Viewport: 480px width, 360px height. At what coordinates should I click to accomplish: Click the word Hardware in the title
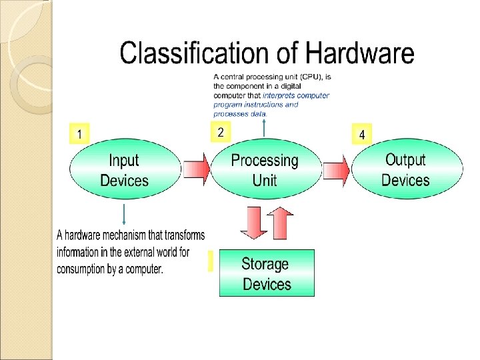(361, 53)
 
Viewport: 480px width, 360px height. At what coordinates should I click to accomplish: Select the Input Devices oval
(125, 170)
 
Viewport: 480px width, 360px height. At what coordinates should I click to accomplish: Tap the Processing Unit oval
(265, 170)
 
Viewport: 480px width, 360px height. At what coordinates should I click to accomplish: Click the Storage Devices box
(267, 273)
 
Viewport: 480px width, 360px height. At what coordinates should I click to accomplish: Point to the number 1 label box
(80, 134)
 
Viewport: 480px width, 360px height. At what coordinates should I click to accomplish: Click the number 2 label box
(221, 132)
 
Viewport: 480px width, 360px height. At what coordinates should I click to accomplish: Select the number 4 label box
(361, 134)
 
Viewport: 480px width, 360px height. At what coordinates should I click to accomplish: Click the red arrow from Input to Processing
(196, 171)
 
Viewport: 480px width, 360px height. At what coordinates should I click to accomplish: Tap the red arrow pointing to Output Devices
(337, 171)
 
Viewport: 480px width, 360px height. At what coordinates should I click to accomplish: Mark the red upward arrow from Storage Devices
(281, 223)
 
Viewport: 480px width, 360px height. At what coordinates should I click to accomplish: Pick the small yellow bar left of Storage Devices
(210, 261)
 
